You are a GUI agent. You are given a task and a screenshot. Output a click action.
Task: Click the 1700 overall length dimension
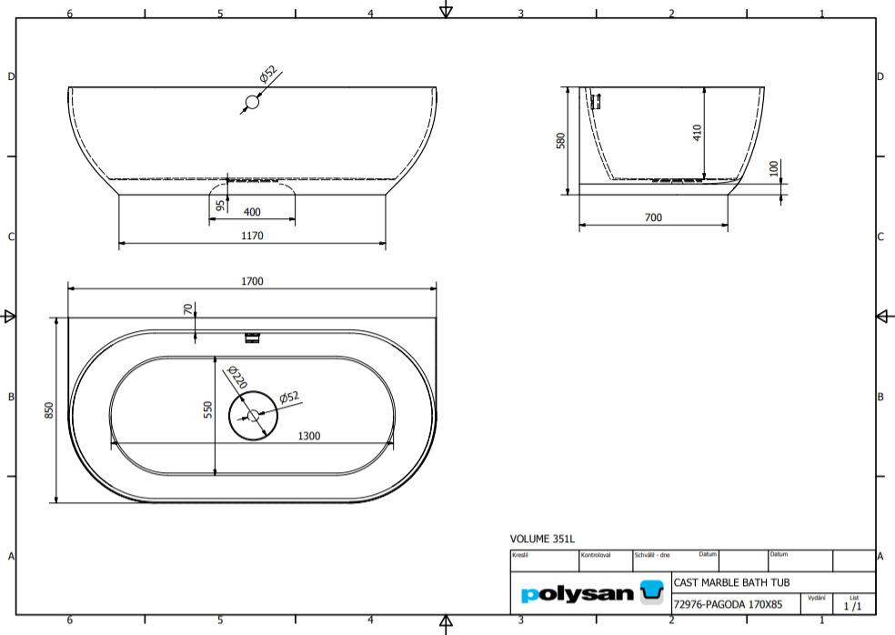pos(252,281)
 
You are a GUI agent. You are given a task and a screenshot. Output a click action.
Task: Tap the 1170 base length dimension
pos(252,237)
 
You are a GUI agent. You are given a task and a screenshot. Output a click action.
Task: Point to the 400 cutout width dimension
pos(252,212)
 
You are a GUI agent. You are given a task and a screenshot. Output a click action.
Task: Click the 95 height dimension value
pos(219,206)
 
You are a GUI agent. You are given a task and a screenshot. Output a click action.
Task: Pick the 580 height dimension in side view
pos(561,140)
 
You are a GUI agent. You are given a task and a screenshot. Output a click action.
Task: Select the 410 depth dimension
pos(698,133)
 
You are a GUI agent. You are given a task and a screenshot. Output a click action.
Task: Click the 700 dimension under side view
pos(652,217)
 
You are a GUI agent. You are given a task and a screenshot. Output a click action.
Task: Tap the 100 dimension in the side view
pos(774,169)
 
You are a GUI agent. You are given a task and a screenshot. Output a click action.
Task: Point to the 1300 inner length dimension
pos(309,436)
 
